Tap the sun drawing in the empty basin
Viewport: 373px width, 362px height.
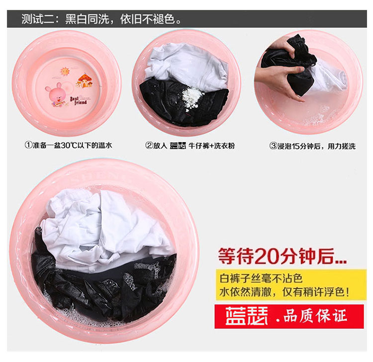(x=65, y=71)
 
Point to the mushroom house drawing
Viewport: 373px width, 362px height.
(x=84, y=81)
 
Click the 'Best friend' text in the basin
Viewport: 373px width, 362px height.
(x=78, y=100)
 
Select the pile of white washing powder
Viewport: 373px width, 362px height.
(x=192, y=96)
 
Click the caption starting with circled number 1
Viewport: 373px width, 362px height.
(x=68, y=145)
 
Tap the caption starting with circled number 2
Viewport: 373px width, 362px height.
(x=190, y=146)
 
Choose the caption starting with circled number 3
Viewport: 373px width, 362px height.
(x=312, y=146)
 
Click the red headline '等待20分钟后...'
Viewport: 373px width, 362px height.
(x=282, y=256)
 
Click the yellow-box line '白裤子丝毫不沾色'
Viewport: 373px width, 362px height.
(x=261, y=278)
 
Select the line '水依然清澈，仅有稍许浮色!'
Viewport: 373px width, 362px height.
(x=284, y=292)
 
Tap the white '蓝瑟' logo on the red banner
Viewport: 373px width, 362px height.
(x=247, y=316)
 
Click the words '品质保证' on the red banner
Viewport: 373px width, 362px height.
(x=315, y=316)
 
